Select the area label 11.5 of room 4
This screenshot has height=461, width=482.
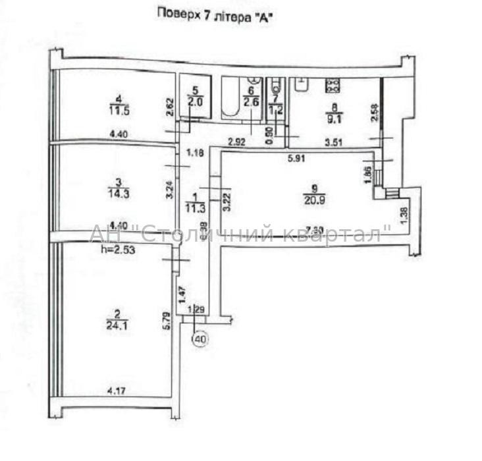coord(119,111)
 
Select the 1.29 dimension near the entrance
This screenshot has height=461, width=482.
coord(196,309)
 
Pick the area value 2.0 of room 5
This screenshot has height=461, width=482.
coord(195,102)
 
